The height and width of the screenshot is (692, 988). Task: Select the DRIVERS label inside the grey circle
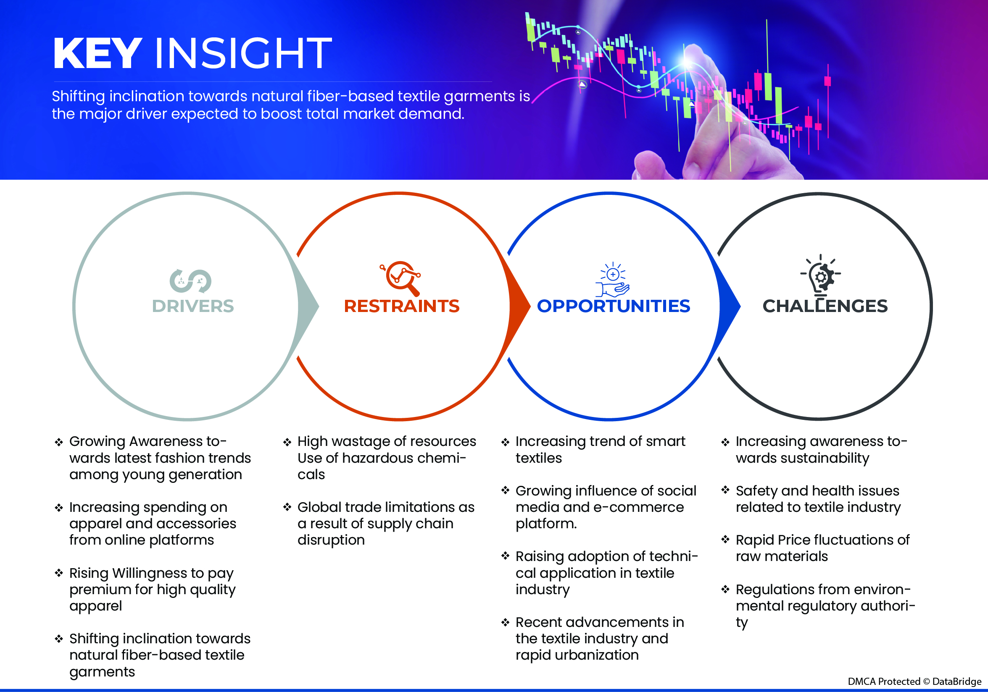193,306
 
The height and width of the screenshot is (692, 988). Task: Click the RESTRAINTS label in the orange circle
401,306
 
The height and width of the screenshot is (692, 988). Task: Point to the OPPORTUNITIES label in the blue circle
613,306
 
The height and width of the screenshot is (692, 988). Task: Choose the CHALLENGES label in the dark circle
825,306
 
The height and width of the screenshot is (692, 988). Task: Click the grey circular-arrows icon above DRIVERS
191,281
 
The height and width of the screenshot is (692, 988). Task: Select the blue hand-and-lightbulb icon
613,280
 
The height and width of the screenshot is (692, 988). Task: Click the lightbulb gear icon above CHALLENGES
821,276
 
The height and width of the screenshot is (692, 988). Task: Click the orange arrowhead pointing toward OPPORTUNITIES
520,306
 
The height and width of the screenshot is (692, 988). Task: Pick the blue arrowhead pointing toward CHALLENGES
730,306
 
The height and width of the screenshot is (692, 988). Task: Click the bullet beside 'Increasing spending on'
59,508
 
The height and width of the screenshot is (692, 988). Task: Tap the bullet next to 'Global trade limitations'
287,508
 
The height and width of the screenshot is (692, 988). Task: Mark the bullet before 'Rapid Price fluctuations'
725,540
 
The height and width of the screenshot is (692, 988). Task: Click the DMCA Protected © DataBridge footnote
914,681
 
